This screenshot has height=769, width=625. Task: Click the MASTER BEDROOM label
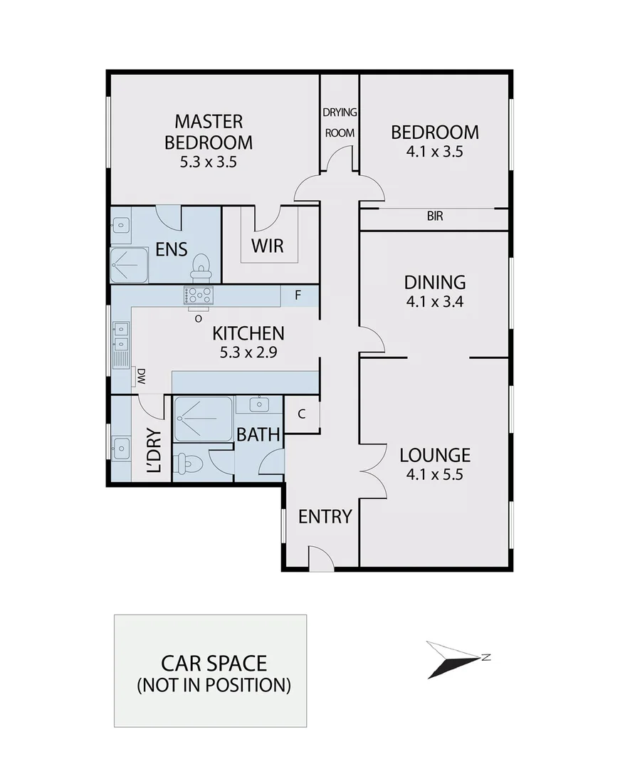[209, 131]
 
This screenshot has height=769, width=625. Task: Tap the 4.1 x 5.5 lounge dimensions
[434, 474]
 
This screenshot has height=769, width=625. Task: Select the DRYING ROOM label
[340, 122]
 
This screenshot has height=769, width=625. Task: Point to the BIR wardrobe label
[434, 216]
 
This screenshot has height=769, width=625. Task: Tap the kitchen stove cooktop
[199, 295]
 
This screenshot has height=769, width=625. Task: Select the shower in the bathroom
[203, 419]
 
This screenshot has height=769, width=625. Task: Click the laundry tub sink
[120, 448]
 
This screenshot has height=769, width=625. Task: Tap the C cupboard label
[302, 414]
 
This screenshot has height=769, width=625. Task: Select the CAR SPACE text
[214, 664]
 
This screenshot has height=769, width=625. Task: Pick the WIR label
[268, 246]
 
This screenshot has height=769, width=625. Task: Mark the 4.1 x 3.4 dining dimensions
[434, 301]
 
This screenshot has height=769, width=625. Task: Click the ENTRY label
[325, 516]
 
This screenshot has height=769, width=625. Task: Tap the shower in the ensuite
[129, 265]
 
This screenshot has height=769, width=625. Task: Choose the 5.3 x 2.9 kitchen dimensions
[248, 351]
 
